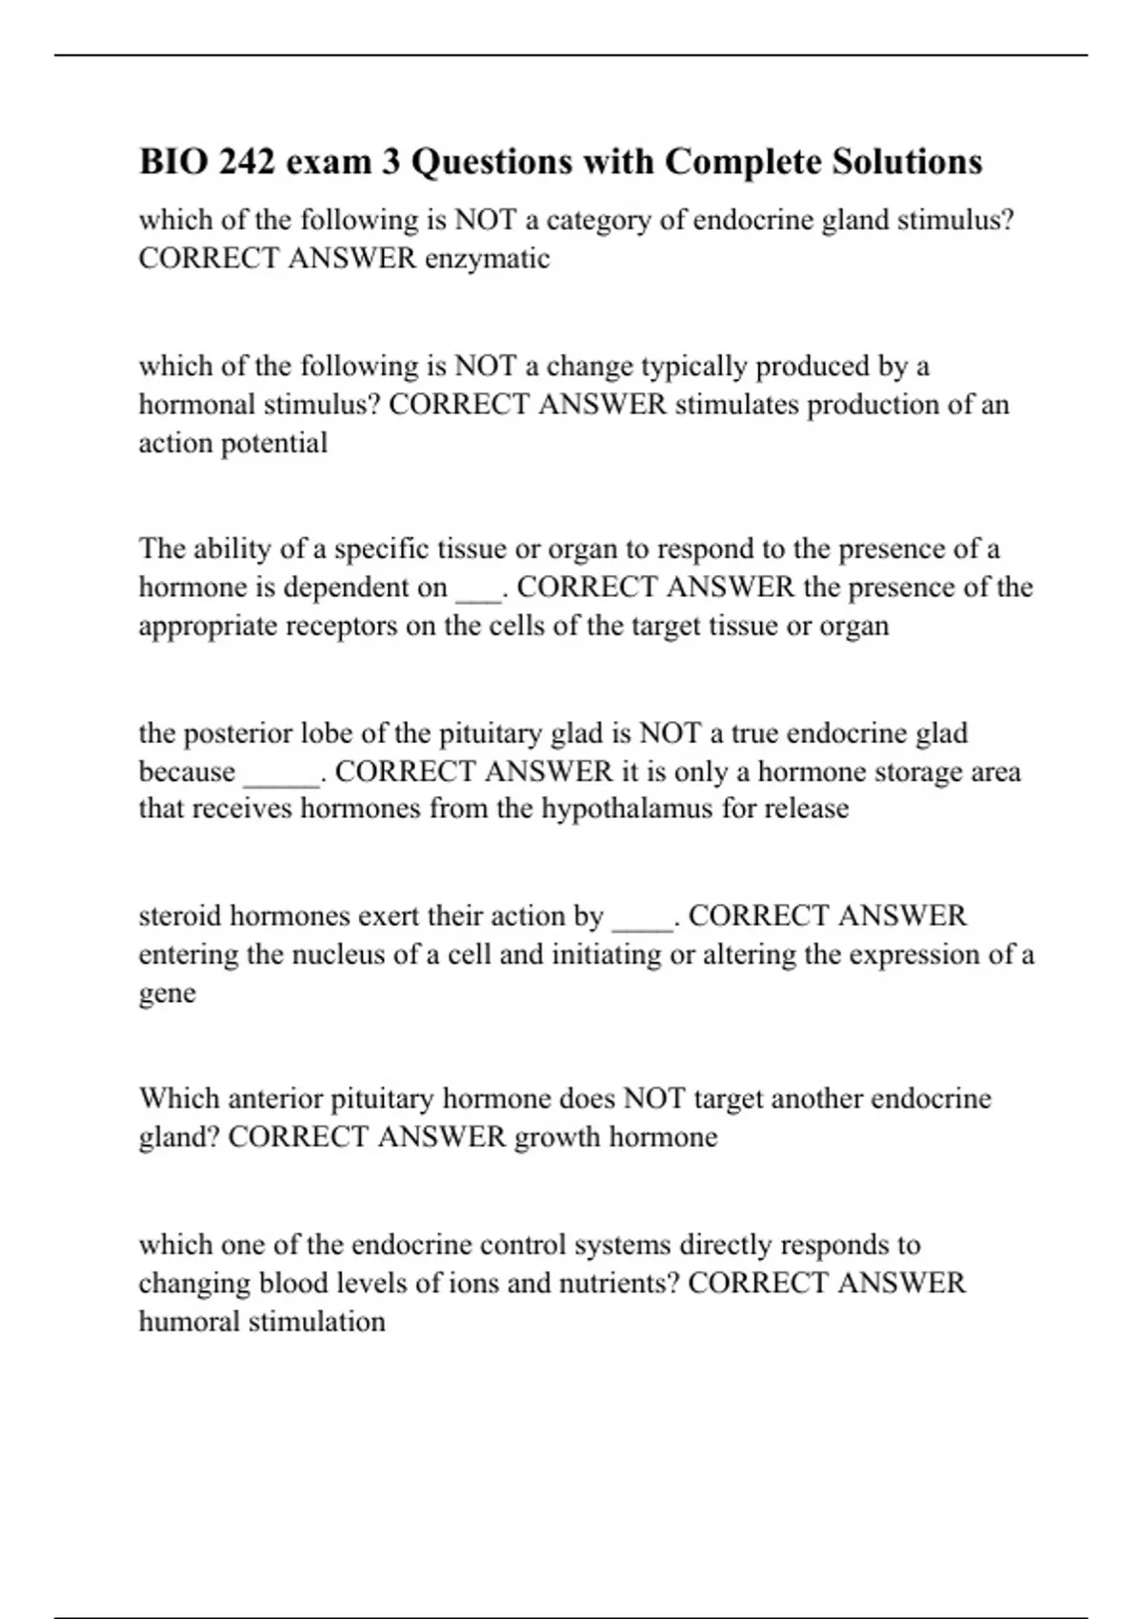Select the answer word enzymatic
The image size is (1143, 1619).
coord(487,258)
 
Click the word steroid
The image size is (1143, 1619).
coord(181,916)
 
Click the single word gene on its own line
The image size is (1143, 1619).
coord(168,993)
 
